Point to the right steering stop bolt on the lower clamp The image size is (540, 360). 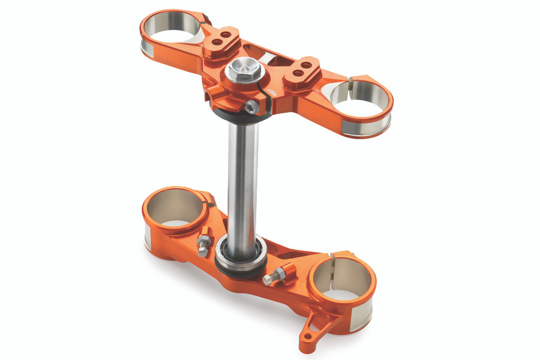pyautogui.click(x=274, y=277)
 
